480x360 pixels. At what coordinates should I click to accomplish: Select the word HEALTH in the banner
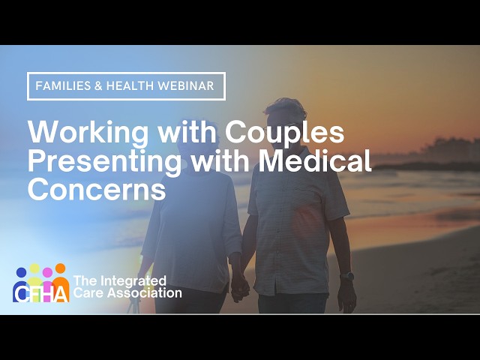134,86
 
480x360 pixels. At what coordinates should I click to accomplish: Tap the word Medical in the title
317,160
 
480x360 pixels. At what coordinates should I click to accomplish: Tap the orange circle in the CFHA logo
60,268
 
